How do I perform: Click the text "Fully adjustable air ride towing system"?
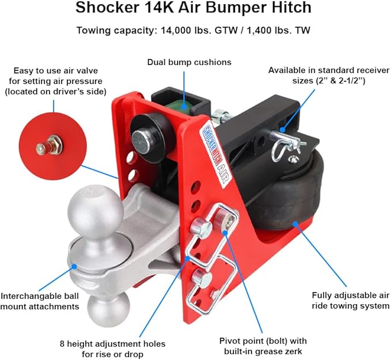(x=350, y=300)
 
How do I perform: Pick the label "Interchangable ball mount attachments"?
(x=40, y=301)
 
